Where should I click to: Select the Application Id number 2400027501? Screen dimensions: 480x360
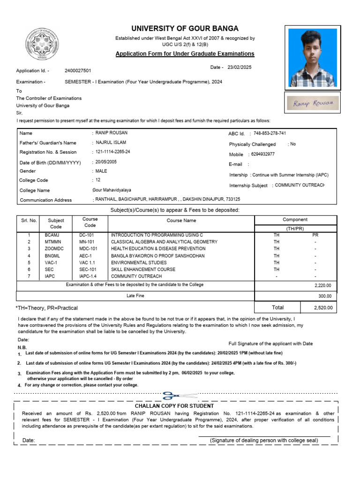click(x=78, y=70)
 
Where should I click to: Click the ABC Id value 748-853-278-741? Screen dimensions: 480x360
click(x=270, y=134)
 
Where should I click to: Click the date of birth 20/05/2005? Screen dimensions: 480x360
click(x=106, y=162)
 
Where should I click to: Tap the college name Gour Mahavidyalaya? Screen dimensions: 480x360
click(x=112, y=190)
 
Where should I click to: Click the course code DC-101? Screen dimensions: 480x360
click(x=87, y=234)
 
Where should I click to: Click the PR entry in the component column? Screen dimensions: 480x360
click(x=315, y=234)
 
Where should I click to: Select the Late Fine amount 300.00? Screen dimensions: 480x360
click(x=324, y=296)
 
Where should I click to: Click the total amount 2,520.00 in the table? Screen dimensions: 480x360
click(x=323, y=308)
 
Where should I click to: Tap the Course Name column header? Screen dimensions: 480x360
click(x=181, y=220)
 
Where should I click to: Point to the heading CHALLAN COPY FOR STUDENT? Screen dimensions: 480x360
click(x=174, y=406)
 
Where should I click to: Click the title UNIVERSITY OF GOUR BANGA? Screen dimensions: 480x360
click(x=185, y=28)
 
